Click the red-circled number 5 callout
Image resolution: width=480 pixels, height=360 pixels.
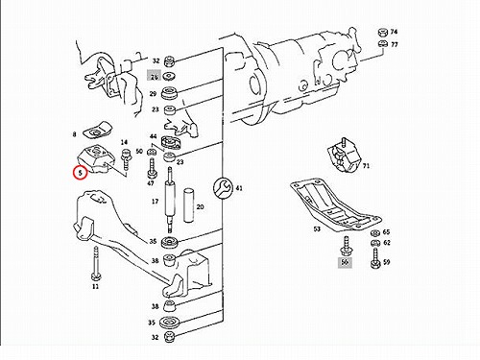[x=80, y=173]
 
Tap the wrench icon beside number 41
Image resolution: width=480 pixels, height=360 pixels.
[x=223, y=188]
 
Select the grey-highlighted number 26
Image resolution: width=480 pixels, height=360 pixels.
[x=155, y=77]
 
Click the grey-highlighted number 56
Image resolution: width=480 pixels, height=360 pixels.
[x=345, y=262]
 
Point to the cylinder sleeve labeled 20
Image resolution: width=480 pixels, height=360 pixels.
[x=189, y=205]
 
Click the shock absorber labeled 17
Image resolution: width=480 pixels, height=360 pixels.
[x=170, y=200]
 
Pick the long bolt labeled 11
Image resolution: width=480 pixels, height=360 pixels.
[x=95, y=263]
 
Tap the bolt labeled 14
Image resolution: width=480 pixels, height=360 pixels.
[x=125, y=160]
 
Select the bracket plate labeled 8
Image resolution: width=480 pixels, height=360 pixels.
[x=97, y=132]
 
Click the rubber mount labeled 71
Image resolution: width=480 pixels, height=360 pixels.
[x=344, y=156]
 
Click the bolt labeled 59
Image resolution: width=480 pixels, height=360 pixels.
[x=375, y=258]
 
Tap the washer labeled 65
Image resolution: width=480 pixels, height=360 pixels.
[x=375, y=232]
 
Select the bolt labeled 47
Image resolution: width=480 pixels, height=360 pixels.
[x=152, y=167]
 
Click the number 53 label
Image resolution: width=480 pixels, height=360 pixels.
[x=317, y=229]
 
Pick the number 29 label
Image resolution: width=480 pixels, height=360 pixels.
[x=153, y=94]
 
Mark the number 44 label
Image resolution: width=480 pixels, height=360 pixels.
[x=154, y=136]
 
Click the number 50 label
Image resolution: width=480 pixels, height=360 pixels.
[x=139, y=151]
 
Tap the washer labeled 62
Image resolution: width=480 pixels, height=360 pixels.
[x=375, y=244]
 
